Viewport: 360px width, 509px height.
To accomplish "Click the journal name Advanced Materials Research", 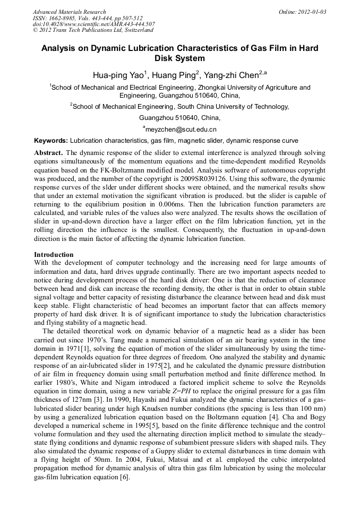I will [69, 12].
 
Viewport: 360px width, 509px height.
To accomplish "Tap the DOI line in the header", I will [93, 24].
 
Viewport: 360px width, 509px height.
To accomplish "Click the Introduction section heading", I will [54, 255].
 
